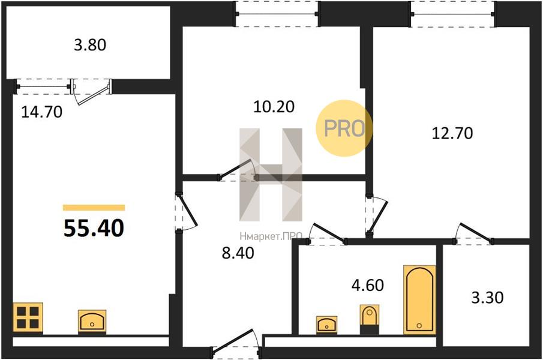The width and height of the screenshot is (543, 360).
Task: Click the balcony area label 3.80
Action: tap(90, 45)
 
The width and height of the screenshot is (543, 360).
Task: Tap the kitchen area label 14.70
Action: tap(42, 112)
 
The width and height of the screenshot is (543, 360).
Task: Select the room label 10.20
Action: tap(274, 107)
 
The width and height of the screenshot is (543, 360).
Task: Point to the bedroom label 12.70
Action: tap(452, 133)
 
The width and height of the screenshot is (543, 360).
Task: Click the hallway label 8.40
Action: tap(238, 253)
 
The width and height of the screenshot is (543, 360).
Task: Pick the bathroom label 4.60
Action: tap(368, 285)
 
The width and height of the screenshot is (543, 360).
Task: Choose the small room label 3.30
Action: tap(488, 298)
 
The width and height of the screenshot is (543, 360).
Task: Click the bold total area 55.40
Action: tap(94, 229)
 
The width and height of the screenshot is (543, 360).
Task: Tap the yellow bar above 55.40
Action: tap(94, 208)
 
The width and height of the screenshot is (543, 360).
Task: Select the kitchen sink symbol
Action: tap(92, 322)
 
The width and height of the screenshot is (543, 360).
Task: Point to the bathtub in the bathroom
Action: tap(420, 300)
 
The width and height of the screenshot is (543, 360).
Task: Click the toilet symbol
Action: tap(370, 319)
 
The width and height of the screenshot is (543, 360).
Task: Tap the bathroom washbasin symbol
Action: tap(327, 325)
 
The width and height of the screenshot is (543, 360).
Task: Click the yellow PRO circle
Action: tap(344, 128)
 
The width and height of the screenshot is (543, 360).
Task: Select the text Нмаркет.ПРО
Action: tap(271, 236)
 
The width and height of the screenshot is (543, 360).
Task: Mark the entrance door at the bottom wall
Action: tap(235, 346)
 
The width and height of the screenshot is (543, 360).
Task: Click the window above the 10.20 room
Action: tap(277, 14)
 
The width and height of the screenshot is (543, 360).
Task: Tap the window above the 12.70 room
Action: tap(454, 14)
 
